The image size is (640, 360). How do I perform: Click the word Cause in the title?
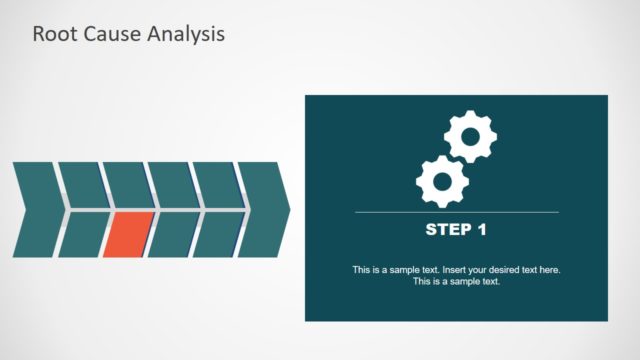pyautogui.click(x=110, y=34)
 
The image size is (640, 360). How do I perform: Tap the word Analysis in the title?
pyautogui.click(x=186, y=34)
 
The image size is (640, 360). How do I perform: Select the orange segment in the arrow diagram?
pyautogui.click(x=127, y=234)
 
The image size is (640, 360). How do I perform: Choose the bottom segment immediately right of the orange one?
pyautogui.click(x=172, y=234)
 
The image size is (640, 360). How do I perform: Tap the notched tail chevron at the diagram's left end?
pyautogui.click(x=35, y=209)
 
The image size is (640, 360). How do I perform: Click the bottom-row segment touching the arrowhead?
pyautogui.click(x=217, y=234)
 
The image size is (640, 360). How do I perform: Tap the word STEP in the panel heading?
pyautogui.click(x=447, y=230)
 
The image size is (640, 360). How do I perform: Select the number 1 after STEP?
pyautogui.click(x=482, y=230)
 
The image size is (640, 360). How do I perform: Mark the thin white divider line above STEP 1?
pyautogui.click(x=456, y=212)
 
